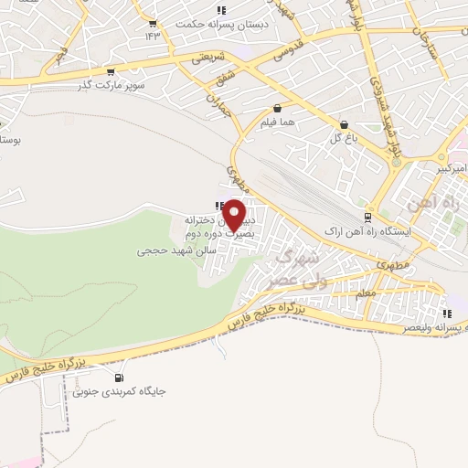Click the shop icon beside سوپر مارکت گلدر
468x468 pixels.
(111, 71)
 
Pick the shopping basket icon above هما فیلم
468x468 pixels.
(276, 108)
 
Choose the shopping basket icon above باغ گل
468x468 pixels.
(344, 124)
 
